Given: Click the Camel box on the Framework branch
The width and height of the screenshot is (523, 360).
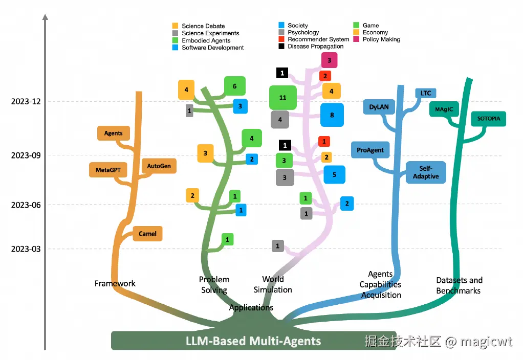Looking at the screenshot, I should [147, 234].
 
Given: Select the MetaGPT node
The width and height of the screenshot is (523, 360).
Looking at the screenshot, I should [107, 170].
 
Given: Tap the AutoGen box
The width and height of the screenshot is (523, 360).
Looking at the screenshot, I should [159, 166].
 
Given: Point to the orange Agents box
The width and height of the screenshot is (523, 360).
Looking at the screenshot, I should [113, 133].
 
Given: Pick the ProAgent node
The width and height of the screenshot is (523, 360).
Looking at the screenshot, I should [371, 150].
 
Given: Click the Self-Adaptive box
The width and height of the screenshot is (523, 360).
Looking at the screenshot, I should [426, 173].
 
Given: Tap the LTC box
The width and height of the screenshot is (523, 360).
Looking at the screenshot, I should [426, 93].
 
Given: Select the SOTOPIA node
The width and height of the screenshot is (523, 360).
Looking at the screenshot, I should [488, 119].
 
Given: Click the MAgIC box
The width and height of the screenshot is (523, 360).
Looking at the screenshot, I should [444, 109].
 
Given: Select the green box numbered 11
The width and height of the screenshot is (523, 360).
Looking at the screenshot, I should [283, 98].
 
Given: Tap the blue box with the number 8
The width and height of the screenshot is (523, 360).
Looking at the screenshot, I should [332, 115].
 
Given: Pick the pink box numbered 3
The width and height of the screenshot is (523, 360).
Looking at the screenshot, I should [329, 60].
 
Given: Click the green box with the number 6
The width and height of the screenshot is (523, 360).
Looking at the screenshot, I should [234, 86].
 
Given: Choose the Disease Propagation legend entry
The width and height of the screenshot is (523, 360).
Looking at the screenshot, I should [315, 47].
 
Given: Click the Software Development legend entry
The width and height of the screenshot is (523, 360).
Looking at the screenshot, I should [212, 48].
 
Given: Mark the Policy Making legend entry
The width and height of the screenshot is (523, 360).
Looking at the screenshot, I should [381, 39].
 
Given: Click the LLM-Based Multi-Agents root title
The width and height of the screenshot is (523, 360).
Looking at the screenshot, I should [253, 341].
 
